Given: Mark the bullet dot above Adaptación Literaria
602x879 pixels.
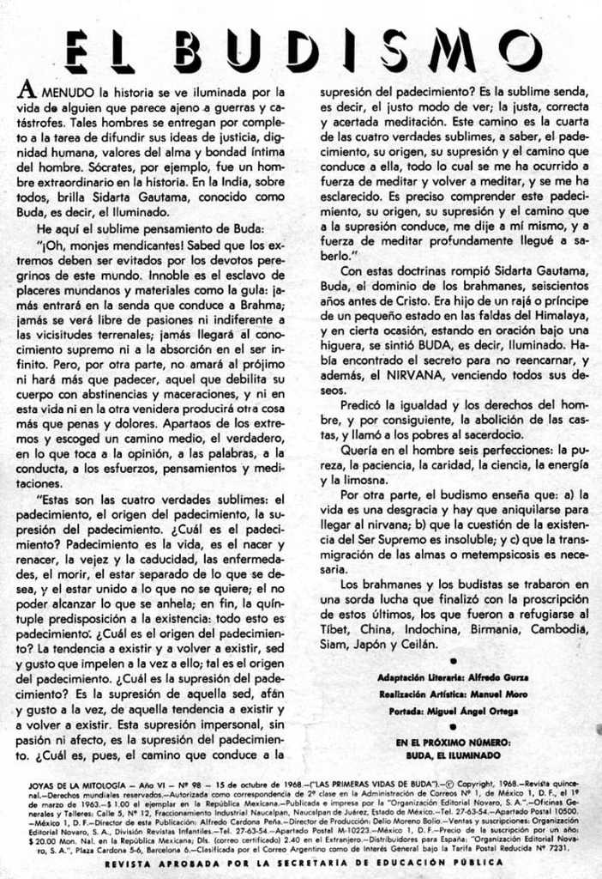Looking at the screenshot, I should (x=452, y=662).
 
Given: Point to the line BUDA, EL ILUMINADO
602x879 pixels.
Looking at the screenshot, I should (x=454, y=755).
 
